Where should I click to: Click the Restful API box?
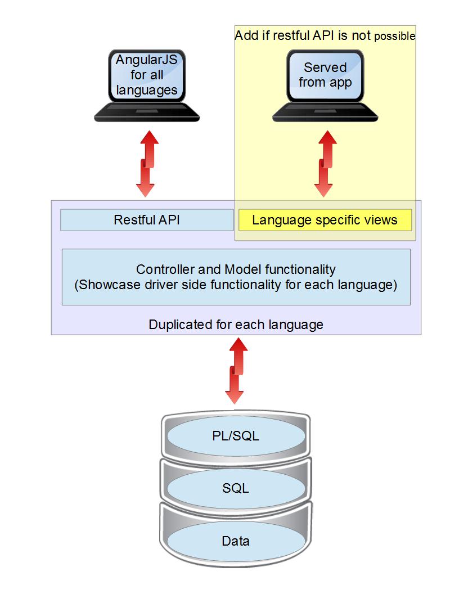point(146,220)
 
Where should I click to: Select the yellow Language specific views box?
point(325,220)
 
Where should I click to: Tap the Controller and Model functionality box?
point(236,277)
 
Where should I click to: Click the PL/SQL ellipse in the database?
point(236,435)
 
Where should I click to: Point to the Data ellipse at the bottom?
point(236,541)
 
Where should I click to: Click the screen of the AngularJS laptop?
point(147,75)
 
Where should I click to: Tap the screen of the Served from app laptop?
point(325,75)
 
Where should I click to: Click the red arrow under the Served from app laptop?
point(325,163)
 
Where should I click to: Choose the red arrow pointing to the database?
point(236,371)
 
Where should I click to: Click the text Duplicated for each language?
point(236,325)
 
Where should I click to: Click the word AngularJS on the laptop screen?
point(147,60)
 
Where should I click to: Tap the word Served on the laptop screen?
point(325,67)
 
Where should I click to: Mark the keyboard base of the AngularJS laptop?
point(147,114)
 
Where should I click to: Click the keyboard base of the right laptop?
point(325,114)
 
